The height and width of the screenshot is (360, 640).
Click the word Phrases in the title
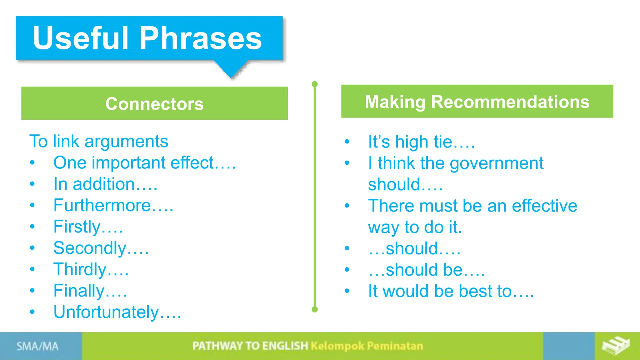(x=200, y=38)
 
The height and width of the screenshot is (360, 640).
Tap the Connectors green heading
(x=154, y=103)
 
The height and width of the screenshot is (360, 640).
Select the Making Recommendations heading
(x=477, y=102)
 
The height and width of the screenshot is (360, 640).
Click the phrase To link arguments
(x=99, y=141)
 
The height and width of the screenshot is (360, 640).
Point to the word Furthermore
(x=102, y=205)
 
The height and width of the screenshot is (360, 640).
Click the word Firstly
(x=77, y=227)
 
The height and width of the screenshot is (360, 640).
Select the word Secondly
(x=90, y=248)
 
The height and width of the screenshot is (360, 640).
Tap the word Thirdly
(x=80, y=269)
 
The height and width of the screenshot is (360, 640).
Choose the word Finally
(x=79, y=291)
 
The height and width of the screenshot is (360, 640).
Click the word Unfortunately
(x=106, y=312)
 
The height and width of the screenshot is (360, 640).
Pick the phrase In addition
(x=94, y=184)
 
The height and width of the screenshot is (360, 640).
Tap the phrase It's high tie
(x=421, y=142)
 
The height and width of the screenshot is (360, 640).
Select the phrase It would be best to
(x=450, y=291)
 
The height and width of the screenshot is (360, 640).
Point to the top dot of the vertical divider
(x=315, y=84)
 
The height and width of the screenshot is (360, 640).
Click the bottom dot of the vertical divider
(x=315, y=309)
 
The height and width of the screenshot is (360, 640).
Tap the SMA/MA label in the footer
(x=37, y=346)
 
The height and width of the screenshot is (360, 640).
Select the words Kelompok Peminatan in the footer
(x=367, y=346)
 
